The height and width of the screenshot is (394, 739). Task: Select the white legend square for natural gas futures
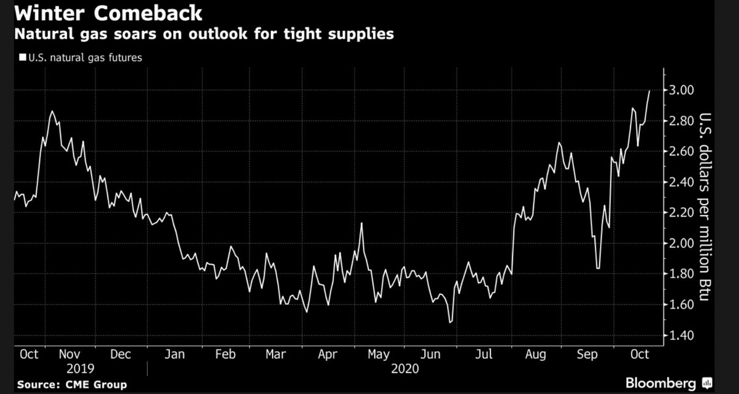click(x=22, y=58)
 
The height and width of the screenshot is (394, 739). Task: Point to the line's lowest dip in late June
click(x=451, y=322)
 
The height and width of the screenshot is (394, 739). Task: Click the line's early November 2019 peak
click(x=52, y=111)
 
